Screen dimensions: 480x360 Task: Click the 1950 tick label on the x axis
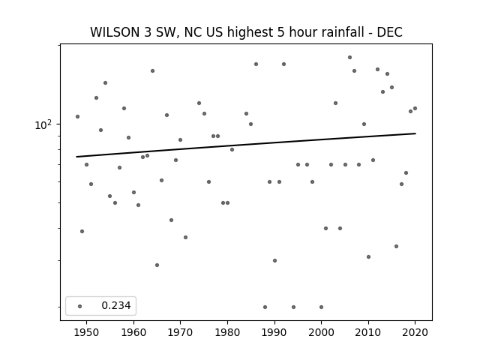(86, 332)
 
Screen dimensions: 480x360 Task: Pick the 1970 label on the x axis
(180, 332)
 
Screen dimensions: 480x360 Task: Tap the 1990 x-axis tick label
(274, 332)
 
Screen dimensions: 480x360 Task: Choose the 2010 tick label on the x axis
(368, 332)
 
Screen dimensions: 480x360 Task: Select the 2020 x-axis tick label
(415, 332)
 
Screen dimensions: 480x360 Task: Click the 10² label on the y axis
(43, 124)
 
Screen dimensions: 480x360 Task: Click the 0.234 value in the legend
(116, 305)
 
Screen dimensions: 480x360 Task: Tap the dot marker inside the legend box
(80, 306)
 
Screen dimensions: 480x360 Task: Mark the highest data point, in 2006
(349, 58)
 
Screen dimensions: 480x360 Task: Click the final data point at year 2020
(415, 108)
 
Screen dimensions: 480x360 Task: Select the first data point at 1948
(77, 117)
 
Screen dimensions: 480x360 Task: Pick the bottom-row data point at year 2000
(321, 307)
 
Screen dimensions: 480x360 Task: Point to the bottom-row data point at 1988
(265, 307)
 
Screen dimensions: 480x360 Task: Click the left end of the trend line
(76, 157)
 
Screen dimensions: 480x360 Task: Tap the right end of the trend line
(415, 133)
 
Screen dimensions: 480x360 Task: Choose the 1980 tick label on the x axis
(227, 332)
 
